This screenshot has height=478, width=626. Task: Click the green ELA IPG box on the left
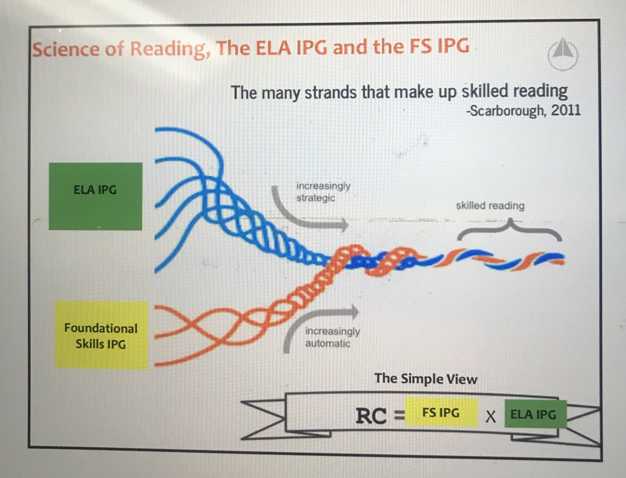coord(95,196)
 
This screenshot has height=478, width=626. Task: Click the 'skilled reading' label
coord(489,206)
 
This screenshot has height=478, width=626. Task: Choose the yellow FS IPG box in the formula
coord(441,413)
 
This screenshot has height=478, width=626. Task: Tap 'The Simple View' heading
coord(426,378)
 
